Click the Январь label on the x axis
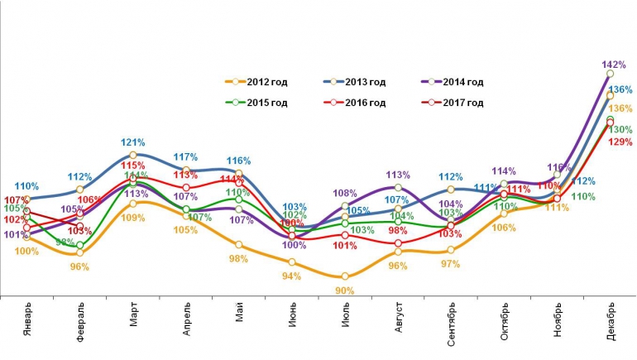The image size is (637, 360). click(27, 324)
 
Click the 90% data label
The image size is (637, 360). click(345, 290)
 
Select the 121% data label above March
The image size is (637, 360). click(134, 142)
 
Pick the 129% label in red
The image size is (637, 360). click(620, 142)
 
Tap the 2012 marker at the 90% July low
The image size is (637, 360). click(345, 276)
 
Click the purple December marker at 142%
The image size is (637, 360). click(611, 74)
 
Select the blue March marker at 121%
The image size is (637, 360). click(133, 155)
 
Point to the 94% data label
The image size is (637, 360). click(291, 276)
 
